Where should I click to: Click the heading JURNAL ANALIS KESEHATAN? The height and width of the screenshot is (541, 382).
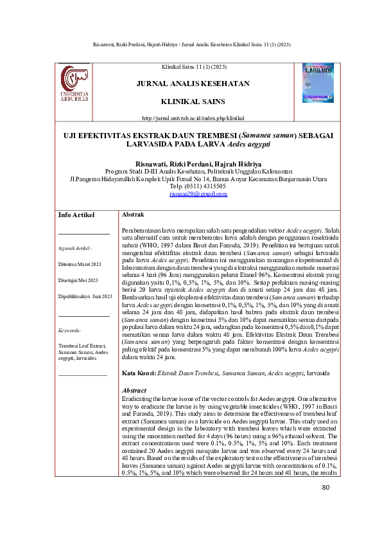point(193,84)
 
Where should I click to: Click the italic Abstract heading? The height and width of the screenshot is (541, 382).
point(134,391)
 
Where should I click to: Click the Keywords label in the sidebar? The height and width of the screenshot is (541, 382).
point(69,330)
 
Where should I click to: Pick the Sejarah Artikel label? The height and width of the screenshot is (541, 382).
point(74,247)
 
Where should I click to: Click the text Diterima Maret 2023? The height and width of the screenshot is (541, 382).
point(80,264)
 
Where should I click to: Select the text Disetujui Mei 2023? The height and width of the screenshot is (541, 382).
point(78,281)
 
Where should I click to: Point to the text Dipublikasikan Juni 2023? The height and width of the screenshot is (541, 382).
point(85,297)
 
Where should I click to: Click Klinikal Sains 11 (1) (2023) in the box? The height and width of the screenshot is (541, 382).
point(193,67)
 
